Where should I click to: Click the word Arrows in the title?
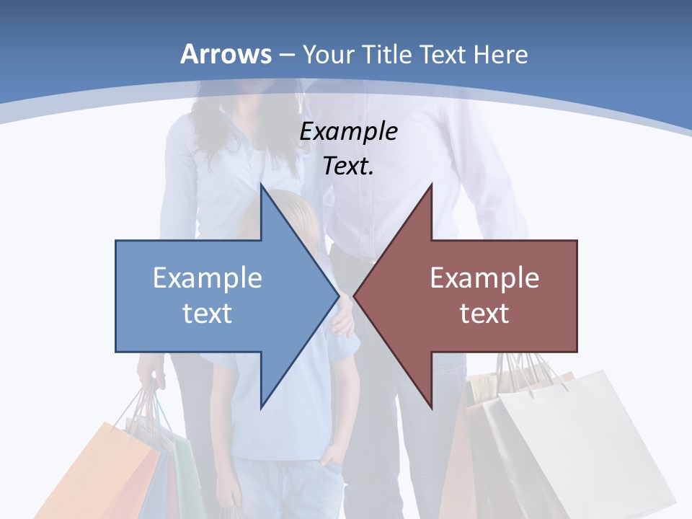[226, 55]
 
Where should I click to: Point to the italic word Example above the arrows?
[348, 131]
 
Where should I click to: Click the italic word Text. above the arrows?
[348, 167]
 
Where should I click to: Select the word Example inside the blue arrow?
[208, 278]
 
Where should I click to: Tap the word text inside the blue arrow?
[208, 313]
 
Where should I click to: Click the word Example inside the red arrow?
[484, 278]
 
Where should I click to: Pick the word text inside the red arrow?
[484, 313]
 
